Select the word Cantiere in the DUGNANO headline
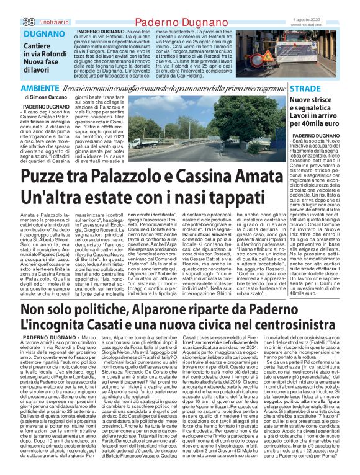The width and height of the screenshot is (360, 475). [38, 47]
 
